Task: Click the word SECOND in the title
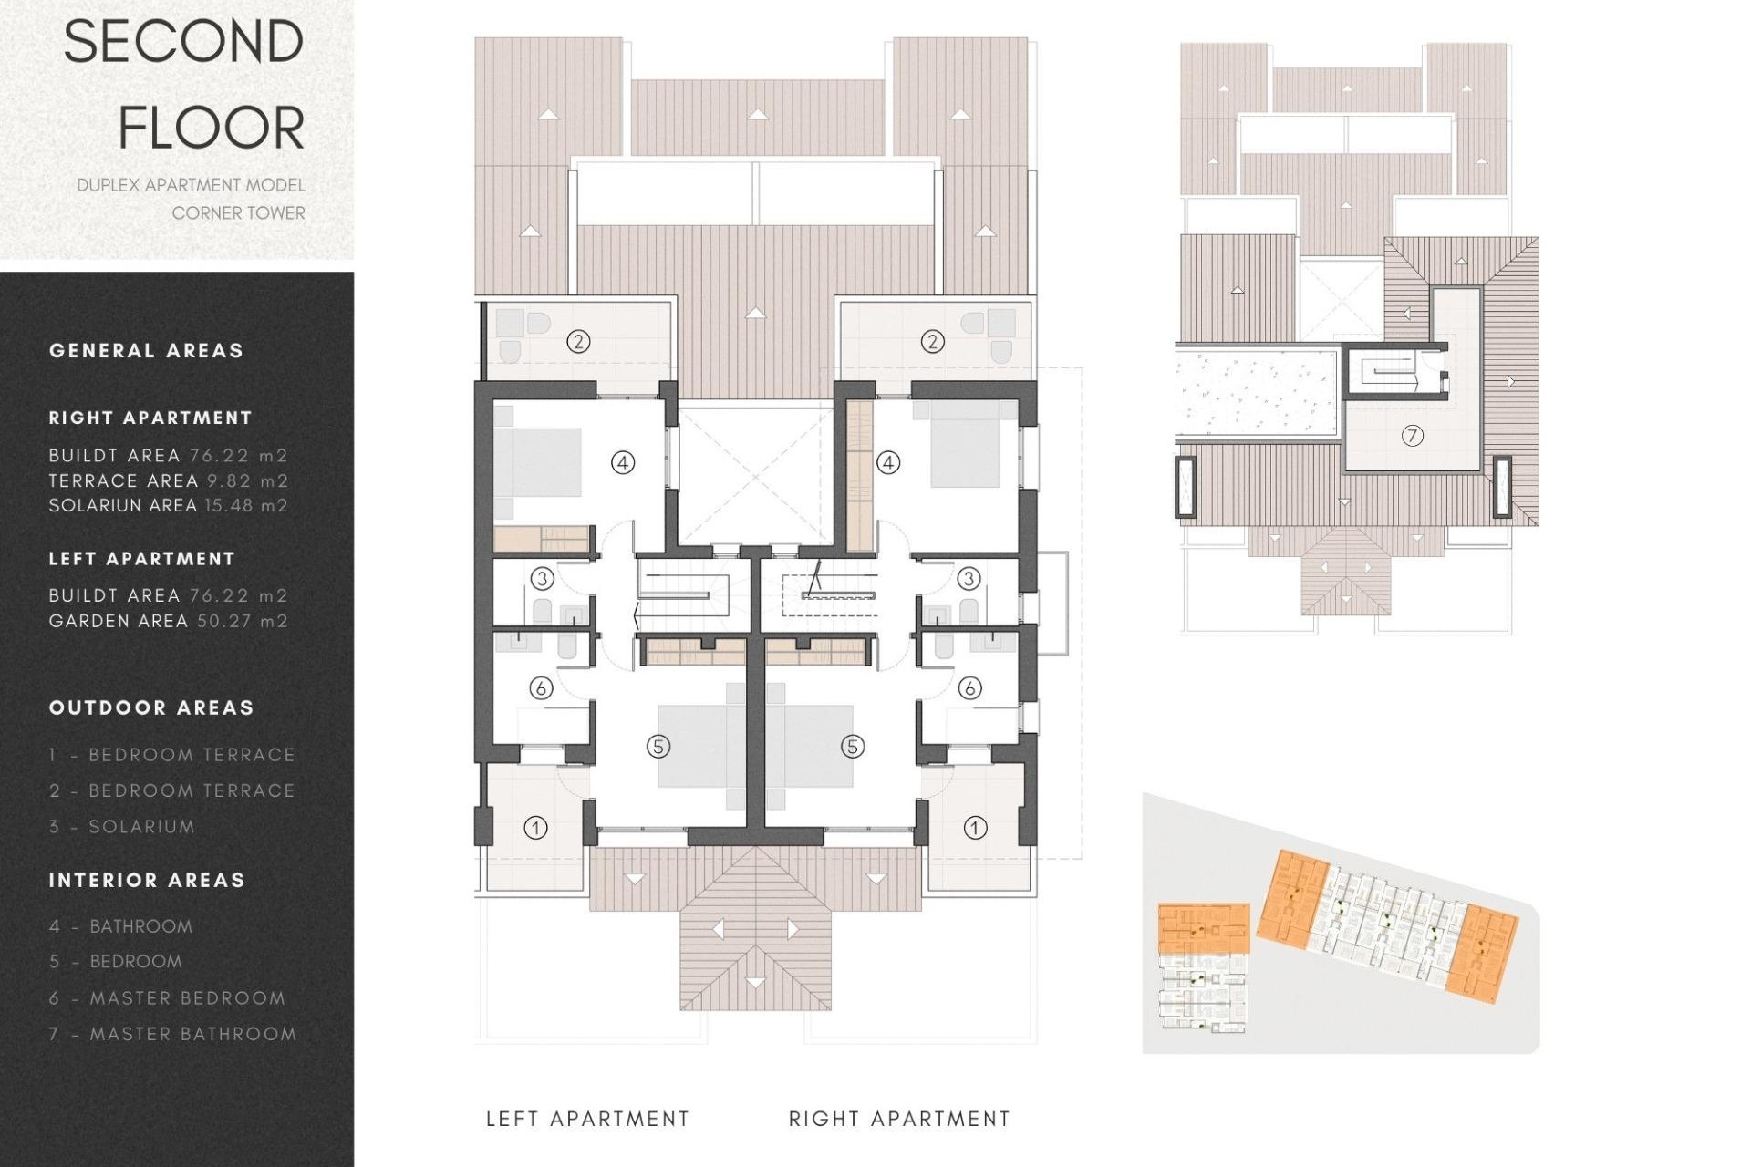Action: pyautogui.click(x=183, y=42)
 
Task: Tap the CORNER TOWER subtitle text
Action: pyautogui.click(x=238, y=212)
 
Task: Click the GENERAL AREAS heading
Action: pyautogui.click(x=146, y=351)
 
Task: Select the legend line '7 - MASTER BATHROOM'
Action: pyautogui.click(x=172, y=1034)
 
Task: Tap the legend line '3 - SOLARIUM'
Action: pyautogui.click(x=122, y=827)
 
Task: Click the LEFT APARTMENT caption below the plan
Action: pyautogui.click(x=587, y=1119)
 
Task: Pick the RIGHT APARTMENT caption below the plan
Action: pyautogui.click(x=899, y=1119)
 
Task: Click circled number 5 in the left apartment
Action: pyautogui.click(x=658, y=747)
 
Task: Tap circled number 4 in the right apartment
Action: pyautogui.click(x=888, y=462)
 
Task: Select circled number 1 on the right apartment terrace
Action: pyautogui.click(x=975, y=828)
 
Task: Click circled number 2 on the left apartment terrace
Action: pyautogui.click(x=578, y=342)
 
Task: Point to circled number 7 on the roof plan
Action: pyautogui.click(x=1412, y=436)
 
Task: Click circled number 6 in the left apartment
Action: pyautogui.click(x=541, y=687)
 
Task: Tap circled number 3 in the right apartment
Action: pyautogui.click(x=969, y=578)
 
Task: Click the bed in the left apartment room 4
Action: pyautogui.click(x=538, y=462)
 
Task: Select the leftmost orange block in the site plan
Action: pyautogui.click(x=1203, y=928)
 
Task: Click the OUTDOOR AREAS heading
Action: pyautogui.click(x=151, y=708)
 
